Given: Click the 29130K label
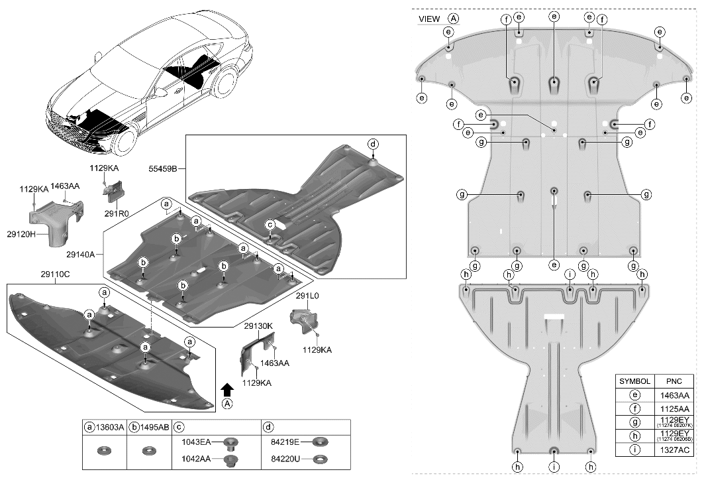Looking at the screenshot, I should tap(258, 326).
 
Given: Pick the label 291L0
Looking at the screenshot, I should tap(307, 298).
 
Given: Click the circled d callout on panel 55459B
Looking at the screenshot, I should tap(373, 144).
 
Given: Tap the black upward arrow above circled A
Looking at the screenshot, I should tap(227, 389).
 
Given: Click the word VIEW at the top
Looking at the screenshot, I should tap(429, 19).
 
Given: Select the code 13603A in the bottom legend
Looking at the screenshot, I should tap(110, 428).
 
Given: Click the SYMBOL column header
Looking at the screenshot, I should tap(635, 382).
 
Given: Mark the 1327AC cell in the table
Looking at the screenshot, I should tap(675, 450).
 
